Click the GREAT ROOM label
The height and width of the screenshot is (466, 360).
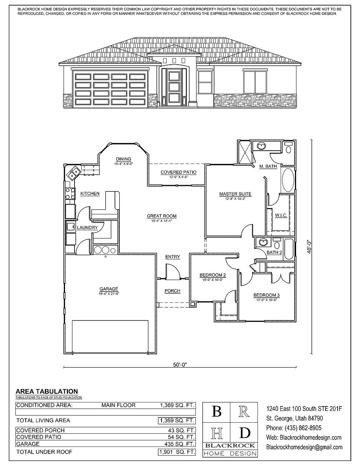(162, 216)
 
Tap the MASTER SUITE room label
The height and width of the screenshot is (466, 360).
(235, 194)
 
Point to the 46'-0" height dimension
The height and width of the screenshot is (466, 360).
(309, 247)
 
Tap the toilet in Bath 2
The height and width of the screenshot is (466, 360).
(277, 244)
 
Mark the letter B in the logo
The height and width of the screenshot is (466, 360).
(216, 412)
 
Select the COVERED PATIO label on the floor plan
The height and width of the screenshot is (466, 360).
(179, 172)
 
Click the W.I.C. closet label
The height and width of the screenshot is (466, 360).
(281, 215)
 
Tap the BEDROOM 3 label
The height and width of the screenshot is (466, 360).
(266, 295)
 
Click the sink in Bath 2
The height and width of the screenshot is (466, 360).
(263, 242)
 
